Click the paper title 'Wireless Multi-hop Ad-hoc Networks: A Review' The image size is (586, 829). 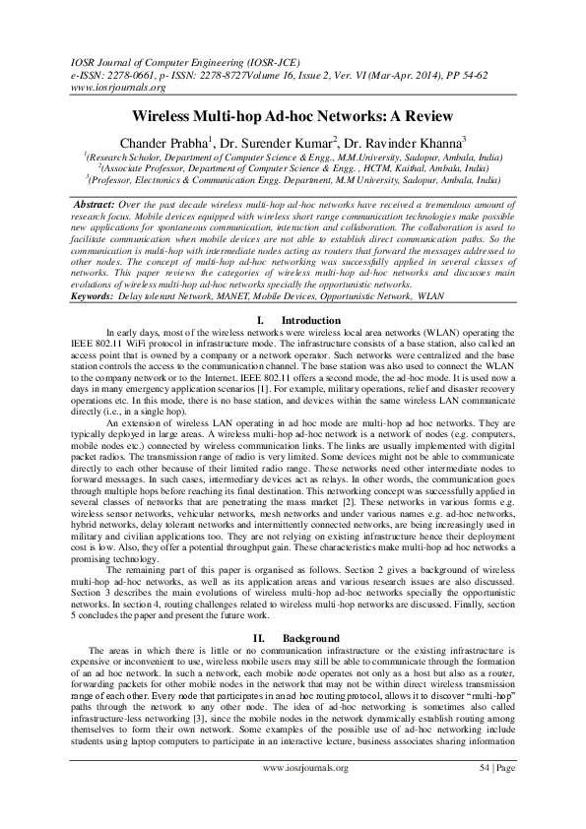tap(293, 116)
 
